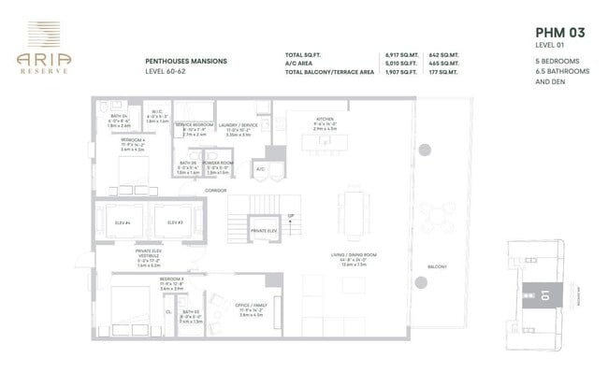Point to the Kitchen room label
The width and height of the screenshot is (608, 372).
pyautogui.click(x=326, y=120)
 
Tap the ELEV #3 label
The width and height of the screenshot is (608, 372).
pyautogui.click(x=174, y=222)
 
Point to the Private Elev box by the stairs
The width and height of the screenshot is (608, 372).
pyautogui.click(x=263, y=229)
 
